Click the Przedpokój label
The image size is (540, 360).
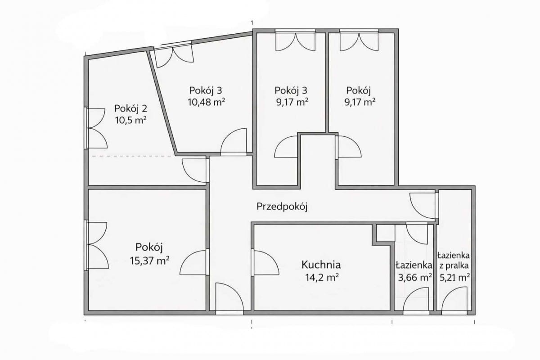point(282,207)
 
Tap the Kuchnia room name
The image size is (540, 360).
point(321,265)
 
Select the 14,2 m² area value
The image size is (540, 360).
point(322,278)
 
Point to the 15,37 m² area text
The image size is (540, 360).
point(149,261)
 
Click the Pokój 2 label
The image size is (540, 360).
point(130,108)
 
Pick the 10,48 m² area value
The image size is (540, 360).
point(207,102)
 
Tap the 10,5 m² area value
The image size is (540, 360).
point(131,120)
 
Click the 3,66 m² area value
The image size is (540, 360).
point(414,278)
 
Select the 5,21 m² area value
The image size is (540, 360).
point(454,278)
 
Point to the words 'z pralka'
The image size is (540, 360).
point(454,266)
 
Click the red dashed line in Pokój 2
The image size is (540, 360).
point(133,156)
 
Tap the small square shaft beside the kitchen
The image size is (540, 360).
point(386,233)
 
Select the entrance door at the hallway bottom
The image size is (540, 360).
point(229,298)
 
